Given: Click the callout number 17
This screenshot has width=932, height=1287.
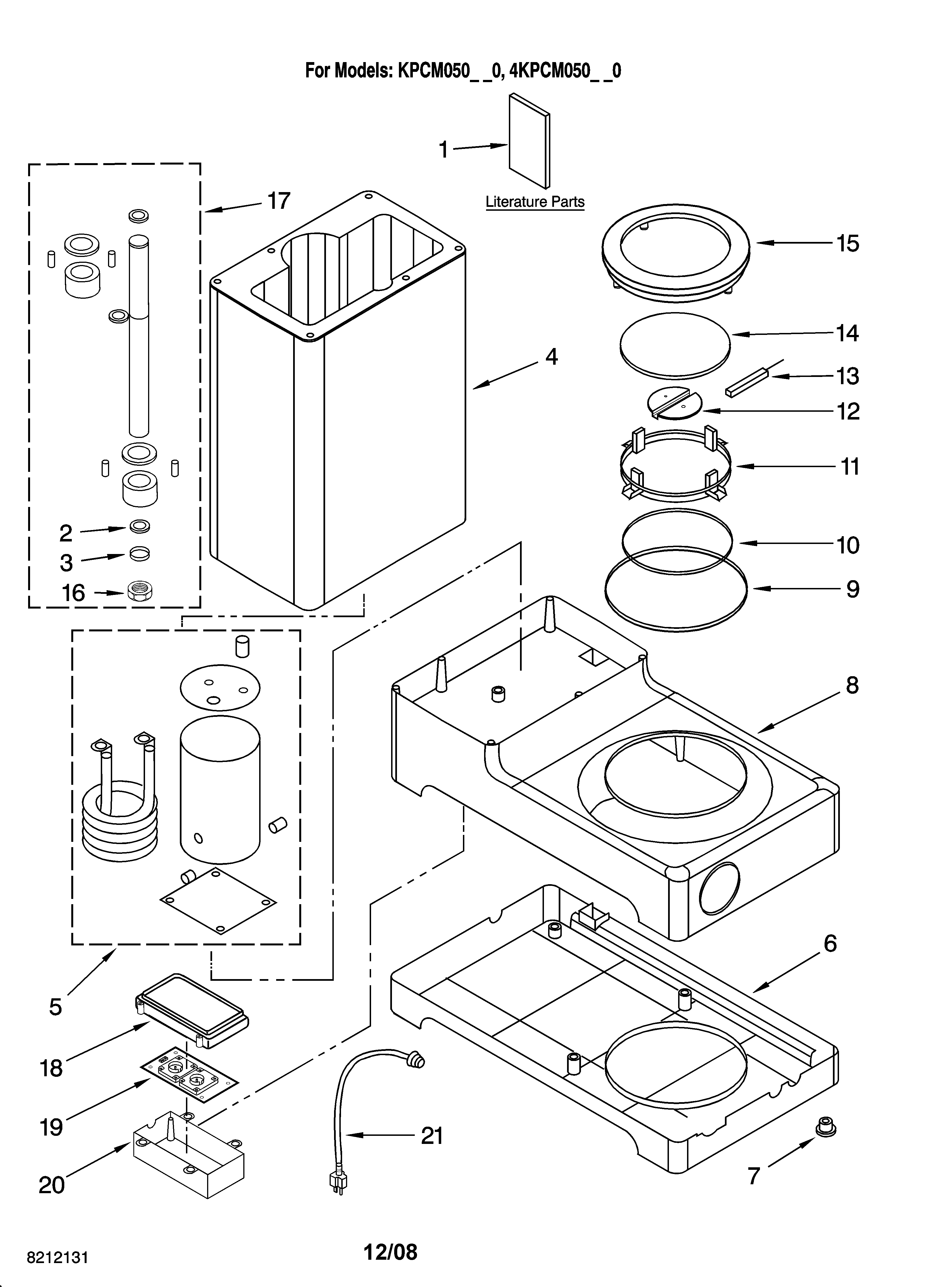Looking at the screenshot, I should pyautogui.click(x=279, y=201).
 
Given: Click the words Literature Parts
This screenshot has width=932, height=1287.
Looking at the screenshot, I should pyautogui.click(x=535, y=202).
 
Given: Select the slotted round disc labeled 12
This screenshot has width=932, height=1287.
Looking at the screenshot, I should pyautogui.click(x=674, y=403).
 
